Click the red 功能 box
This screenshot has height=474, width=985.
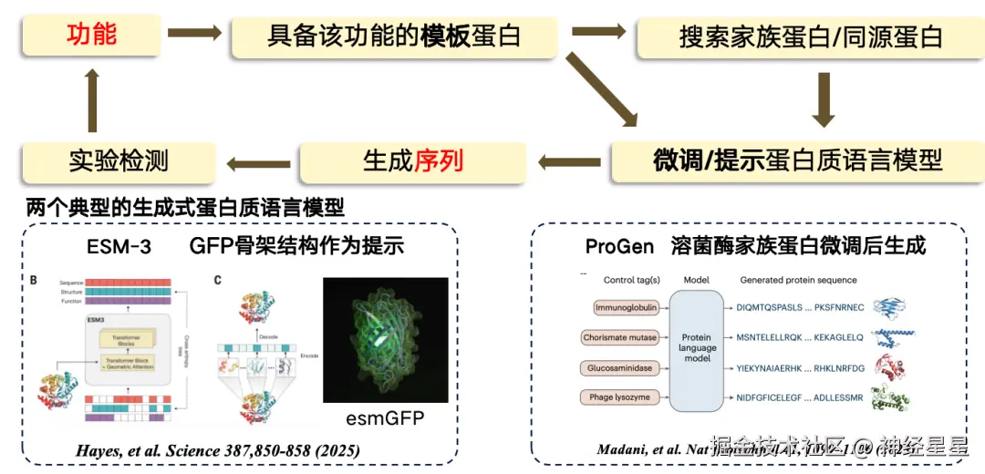(91, 35)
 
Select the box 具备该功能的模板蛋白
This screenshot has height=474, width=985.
(393, 36)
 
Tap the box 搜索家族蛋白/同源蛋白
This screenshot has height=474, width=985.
(810, 36)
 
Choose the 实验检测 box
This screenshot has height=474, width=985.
(119, 161)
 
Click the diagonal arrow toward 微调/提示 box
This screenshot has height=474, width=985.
(601, 88)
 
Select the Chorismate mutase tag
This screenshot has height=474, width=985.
(619, 338)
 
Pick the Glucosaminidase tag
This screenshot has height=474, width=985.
(620, 368)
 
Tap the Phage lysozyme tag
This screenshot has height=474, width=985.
(619, 397)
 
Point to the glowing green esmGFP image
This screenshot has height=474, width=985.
(385, 340)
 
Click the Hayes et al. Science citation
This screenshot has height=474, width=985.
(217, 450)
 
